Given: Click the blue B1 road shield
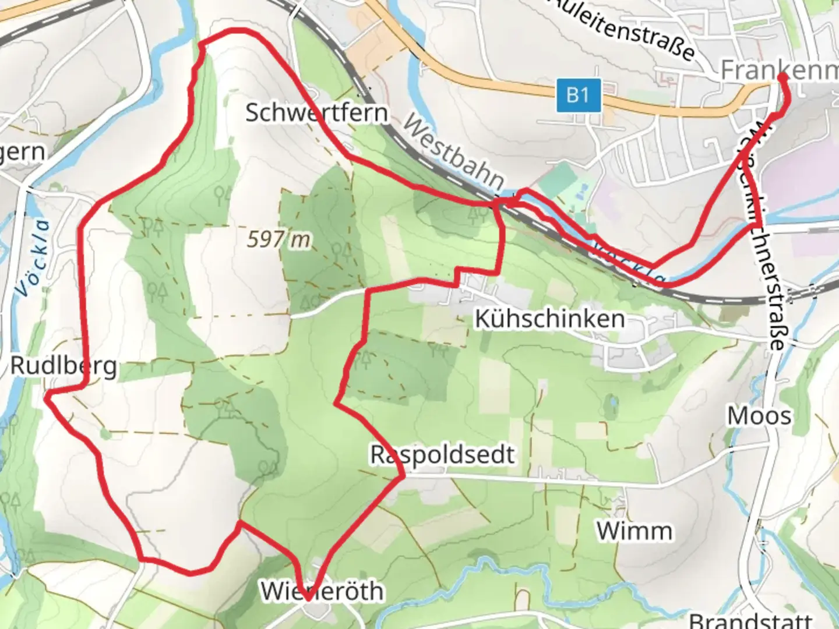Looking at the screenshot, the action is tap(577, 95).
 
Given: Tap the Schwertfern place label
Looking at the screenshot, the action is tap(316, 112).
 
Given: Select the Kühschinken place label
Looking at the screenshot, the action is tap(550, 319).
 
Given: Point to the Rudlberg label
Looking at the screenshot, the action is tap(64, 366).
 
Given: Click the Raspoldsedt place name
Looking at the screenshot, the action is tap(443, 454).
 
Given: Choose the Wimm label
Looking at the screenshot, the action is tap(634, 531).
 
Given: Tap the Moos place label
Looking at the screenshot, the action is tap(759, 416).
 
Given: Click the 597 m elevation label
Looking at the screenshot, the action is tap(279, 239).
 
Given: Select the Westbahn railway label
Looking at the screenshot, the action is tap(453, 151).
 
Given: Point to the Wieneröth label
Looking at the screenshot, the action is tap(322, 591).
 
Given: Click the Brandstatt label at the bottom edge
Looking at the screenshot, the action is tap(750, 620).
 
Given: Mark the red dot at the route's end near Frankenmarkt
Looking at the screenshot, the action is tap(782, 76).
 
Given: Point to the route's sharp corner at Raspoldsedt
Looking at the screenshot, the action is tap(403, 476).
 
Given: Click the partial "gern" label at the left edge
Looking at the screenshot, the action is tap(22, 153).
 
